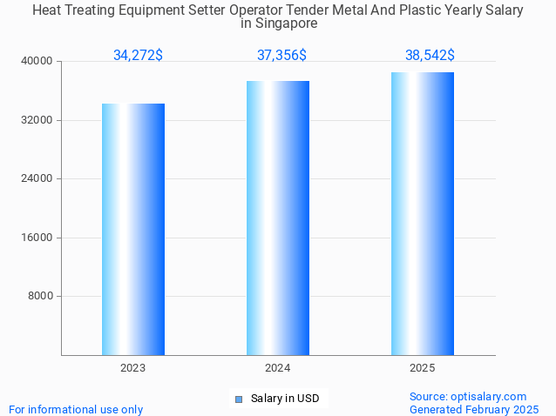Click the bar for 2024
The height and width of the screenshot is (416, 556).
(278, 218)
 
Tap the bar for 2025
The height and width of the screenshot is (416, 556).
(423, 213)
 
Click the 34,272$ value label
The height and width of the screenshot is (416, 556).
(138, 56)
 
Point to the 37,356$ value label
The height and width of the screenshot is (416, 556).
(281, 56)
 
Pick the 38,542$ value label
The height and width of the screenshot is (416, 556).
(430, 56)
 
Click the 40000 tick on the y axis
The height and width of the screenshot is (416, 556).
(37, 62)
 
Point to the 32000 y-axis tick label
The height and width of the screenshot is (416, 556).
(37, 120)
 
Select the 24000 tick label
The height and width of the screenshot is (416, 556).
(37, 179)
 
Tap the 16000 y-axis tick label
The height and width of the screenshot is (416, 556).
(37, 238)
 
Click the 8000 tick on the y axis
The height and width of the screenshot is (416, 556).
(40, 297)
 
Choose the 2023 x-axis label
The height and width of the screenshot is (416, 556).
(133, 368)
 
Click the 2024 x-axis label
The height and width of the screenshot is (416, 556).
(278, 368)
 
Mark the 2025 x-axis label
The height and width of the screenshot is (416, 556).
(423, 368)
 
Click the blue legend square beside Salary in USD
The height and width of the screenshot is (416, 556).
(238, 399)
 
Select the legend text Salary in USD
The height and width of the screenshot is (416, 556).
(285, 399)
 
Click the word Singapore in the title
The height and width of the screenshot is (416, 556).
(279, 24)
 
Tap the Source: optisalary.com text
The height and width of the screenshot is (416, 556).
(468, 397)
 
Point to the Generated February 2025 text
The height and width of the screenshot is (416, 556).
(474, 409)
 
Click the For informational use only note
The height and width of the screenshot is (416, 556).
(76, 409)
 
